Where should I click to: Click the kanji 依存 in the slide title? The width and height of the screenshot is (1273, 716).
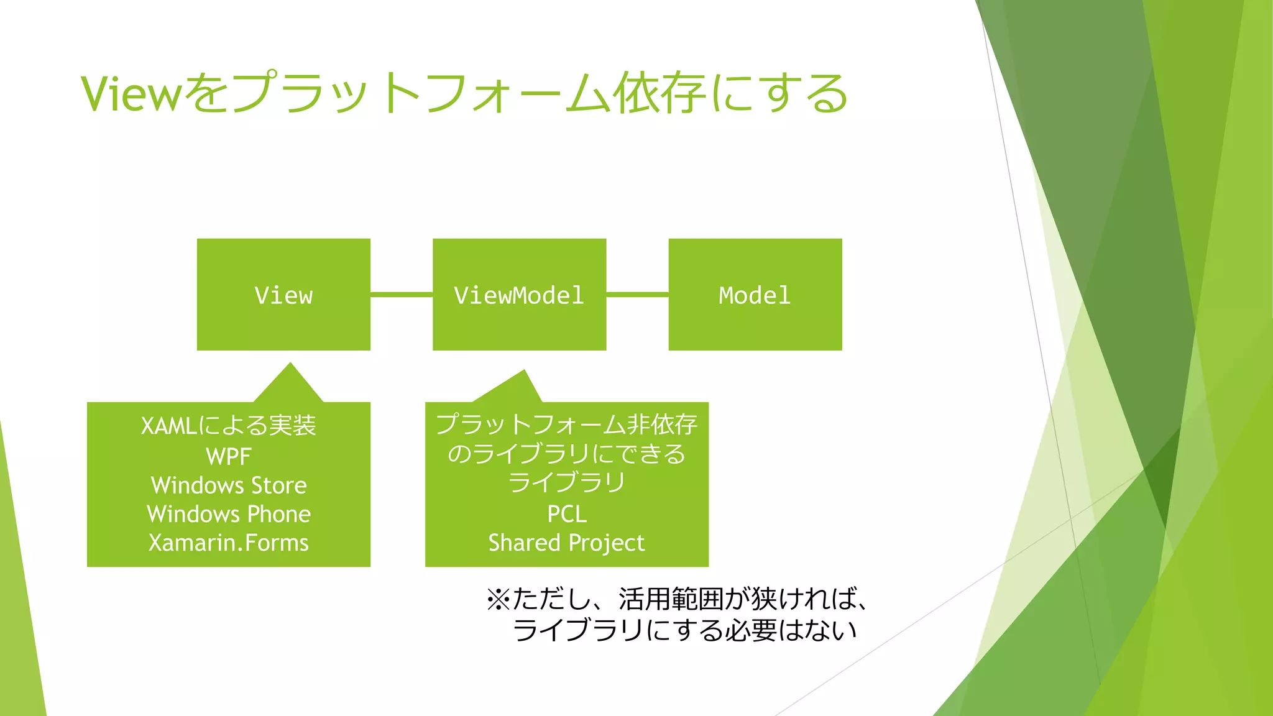click(x=658, y=93)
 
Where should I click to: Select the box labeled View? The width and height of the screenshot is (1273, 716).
click(x=283, y=295)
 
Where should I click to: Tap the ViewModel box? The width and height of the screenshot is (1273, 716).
click(x=519, y=295)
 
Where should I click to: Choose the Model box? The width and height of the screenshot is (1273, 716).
click(x=755, y=295)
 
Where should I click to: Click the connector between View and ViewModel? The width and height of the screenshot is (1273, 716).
click(x=402, y=294)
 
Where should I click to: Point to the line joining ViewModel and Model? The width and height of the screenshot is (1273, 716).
click(x=637, y=294)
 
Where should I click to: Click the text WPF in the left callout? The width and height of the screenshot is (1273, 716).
click(x=229, y=457)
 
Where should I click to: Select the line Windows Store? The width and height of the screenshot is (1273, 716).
click(x=229, y=485)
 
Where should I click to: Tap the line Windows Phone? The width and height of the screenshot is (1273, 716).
click(x=229, y=514)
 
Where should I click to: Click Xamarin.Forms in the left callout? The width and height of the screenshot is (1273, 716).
click(x=229, y=543)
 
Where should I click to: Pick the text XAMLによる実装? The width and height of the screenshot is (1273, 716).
click(x=229, y=426)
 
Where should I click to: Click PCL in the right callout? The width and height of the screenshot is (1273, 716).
click(x=566, y=514)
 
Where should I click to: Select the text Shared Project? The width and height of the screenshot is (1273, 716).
click(x=566, y=543)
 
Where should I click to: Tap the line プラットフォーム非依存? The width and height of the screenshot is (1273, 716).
click(x=566, y=425)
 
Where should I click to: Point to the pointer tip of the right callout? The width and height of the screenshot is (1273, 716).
click(x=524, y=373)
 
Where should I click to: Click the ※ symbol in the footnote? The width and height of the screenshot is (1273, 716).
click(x=499, y=600)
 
